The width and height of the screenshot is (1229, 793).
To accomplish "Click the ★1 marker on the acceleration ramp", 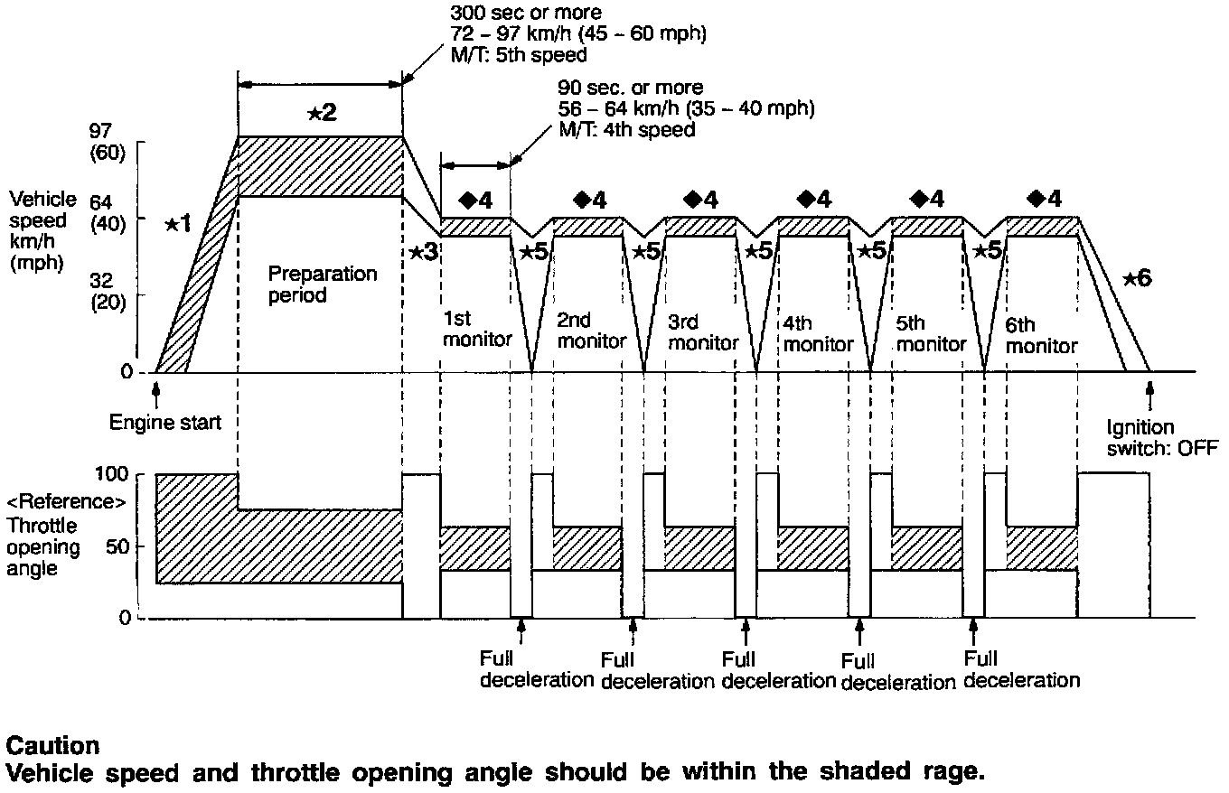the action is point(178,223).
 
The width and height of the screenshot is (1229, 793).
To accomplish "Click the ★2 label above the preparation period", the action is point(321,113).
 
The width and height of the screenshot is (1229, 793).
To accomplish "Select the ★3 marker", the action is point(423,252).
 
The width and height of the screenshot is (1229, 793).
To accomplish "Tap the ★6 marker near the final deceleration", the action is point(1137,279).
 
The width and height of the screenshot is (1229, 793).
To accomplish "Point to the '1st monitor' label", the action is point(477,330).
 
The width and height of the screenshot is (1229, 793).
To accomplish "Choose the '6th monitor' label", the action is point(1041,335).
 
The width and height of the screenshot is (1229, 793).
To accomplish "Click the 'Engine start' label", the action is point(164,422).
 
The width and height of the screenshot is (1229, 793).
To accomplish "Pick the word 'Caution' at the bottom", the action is point(52,746).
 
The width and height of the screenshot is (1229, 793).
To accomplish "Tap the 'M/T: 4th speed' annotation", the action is point(627,129).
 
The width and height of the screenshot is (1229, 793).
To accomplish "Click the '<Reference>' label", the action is point(65,502).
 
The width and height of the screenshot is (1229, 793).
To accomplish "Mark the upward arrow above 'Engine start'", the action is point(156,389).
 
